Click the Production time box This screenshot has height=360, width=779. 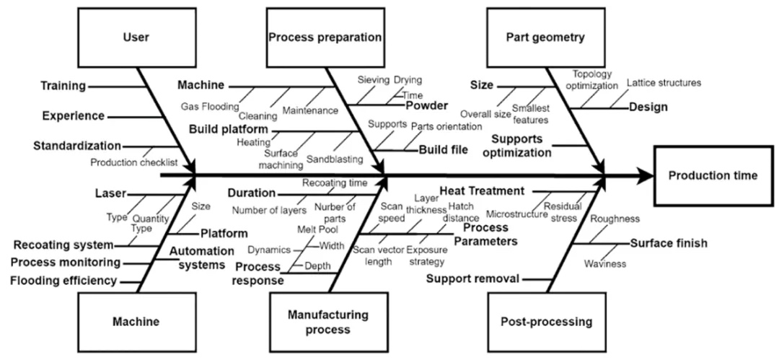[x=713, y=175]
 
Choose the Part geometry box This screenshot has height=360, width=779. [x=545, y=37]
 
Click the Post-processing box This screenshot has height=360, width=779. [x=546, y=322]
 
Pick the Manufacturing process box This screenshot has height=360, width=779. [x=327, y=322]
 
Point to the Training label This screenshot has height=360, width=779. [x=62, y=86]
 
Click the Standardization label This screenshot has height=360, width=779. [x=77, y=146]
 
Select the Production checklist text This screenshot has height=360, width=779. [x=133, y=162]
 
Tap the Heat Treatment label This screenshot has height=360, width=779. [x=481, y=191]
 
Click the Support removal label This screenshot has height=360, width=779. [x=471, y=278]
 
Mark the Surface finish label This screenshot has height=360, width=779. [x=668, y=243]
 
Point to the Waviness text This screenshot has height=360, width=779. [x=604, y=264]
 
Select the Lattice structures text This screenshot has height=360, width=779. [x=663, y=83]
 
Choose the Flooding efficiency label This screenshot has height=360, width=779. [x=63, y=280]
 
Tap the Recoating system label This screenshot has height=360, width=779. [x=63, y=245]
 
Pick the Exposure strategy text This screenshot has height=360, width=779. [x=426, y=256]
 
